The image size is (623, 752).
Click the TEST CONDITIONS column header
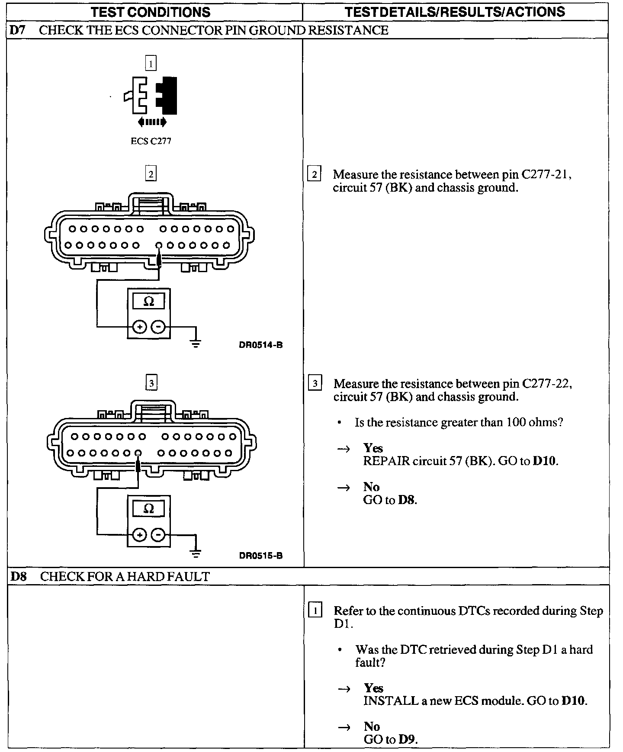[x=151, y=12]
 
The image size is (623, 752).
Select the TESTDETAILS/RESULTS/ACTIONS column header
[x=455, y=12]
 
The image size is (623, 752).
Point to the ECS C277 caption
[x=151, y=141]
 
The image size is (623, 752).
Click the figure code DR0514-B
[x=260, y=345]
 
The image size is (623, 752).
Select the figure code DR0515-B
[x=260, y=556]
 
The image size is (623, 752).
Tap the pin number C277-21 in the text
[x=546, y=175]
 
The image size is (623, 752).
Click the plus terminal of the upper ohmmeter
[x=139, y=327]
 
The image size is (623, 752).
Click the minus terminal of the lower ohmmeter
[x=159, y=536]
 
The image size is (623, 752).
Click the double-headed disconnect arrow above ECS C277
[x=151, y=122]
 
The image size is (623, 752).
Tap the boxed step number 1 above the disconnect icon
[x=151, y=64]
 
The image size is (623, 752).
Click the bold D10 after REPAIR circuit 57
[x=545, y=461]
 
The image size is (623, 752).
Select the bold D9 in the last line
[x=407, y=739]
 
